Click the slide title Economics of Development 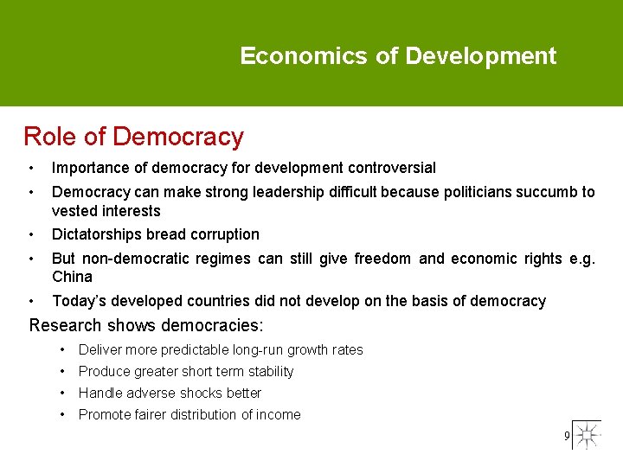398,56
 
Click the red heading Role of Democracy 133,137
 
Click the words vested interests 106,211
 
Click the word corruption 223,234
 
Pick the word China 71,277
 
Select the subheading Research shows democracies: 146,326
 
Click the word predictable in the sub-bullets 187,349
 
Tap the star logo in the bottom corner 588,435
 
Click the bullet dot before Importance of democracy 30,168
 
